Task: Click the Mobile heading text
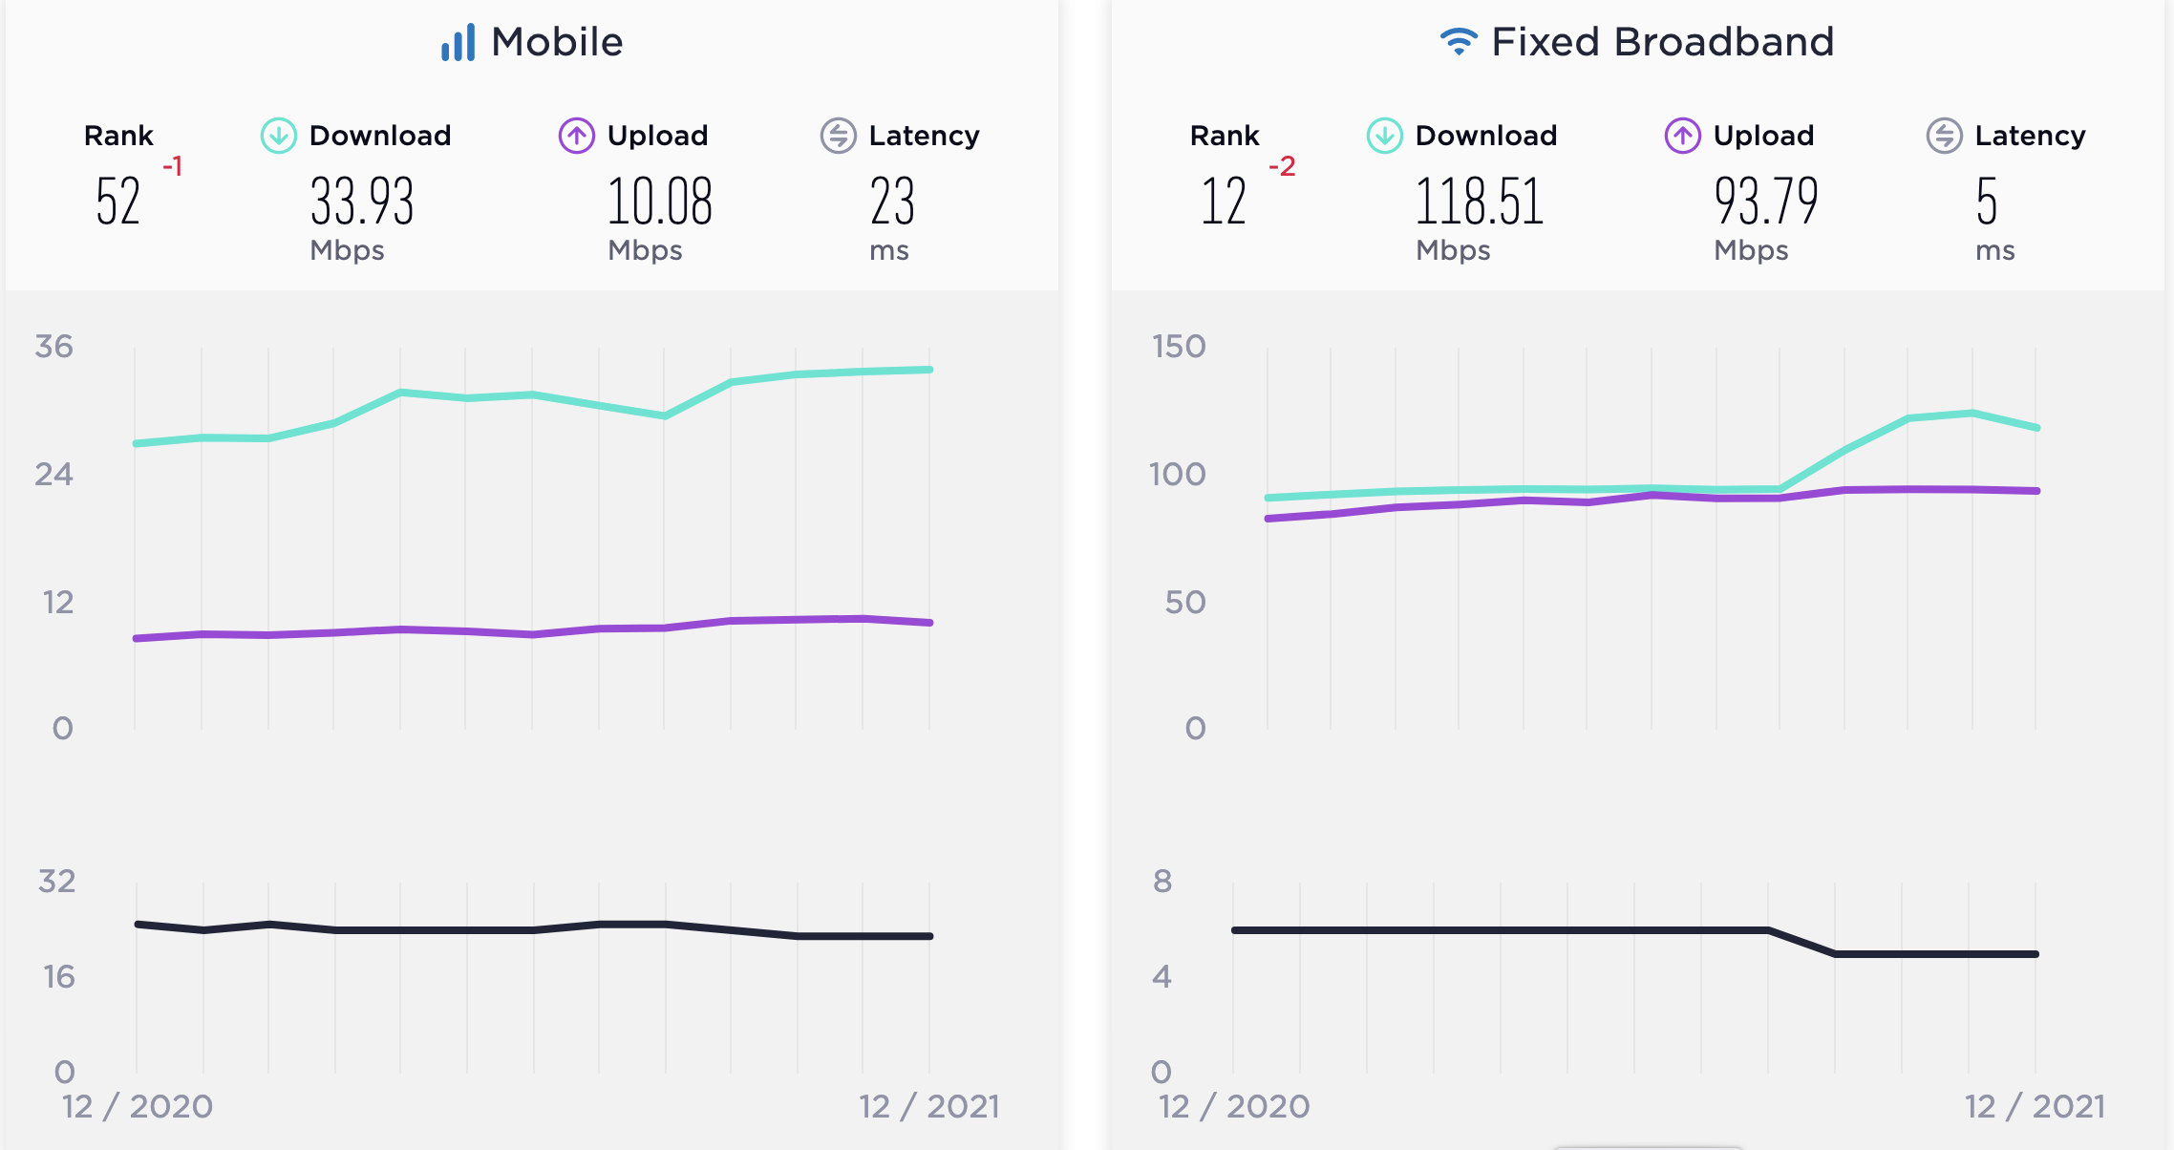coord(557,42)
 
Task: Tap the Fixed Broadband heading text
coord(1662,42)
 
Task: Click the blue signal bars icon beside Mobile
coord(458,43)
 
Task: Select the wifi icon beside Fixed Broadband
coord(1459,41)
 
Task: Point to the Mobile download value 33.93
coord(362,202)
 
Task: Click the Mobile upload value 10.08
coord(660,202)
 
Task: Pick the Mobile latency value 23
coord(892,202)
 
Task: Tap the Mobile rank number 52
coord(118,202)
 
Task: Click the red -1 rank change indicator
coord(172,166)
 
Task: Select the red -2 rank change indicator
coord(1282,166)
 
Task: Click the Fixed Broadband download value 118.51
coord(1480,202)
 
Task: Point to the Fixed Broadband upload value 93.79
coord(1766,202)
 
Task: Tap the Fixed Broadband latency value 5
coord(1987,202)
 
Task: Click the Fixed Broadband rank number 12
coord(1224,202)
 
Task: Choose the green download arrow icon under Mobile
coord(279,136)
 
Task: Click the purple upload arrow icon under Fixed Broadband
coord(1683,136)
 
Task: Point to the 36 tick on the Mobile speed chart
coord(53,346)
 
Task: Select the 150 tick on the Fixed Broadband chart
coord(1179,346)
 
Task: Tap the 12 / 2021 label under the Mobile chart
coord(929,1106)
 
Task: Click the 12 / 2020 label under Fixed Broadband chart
coord(1234,1106)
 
